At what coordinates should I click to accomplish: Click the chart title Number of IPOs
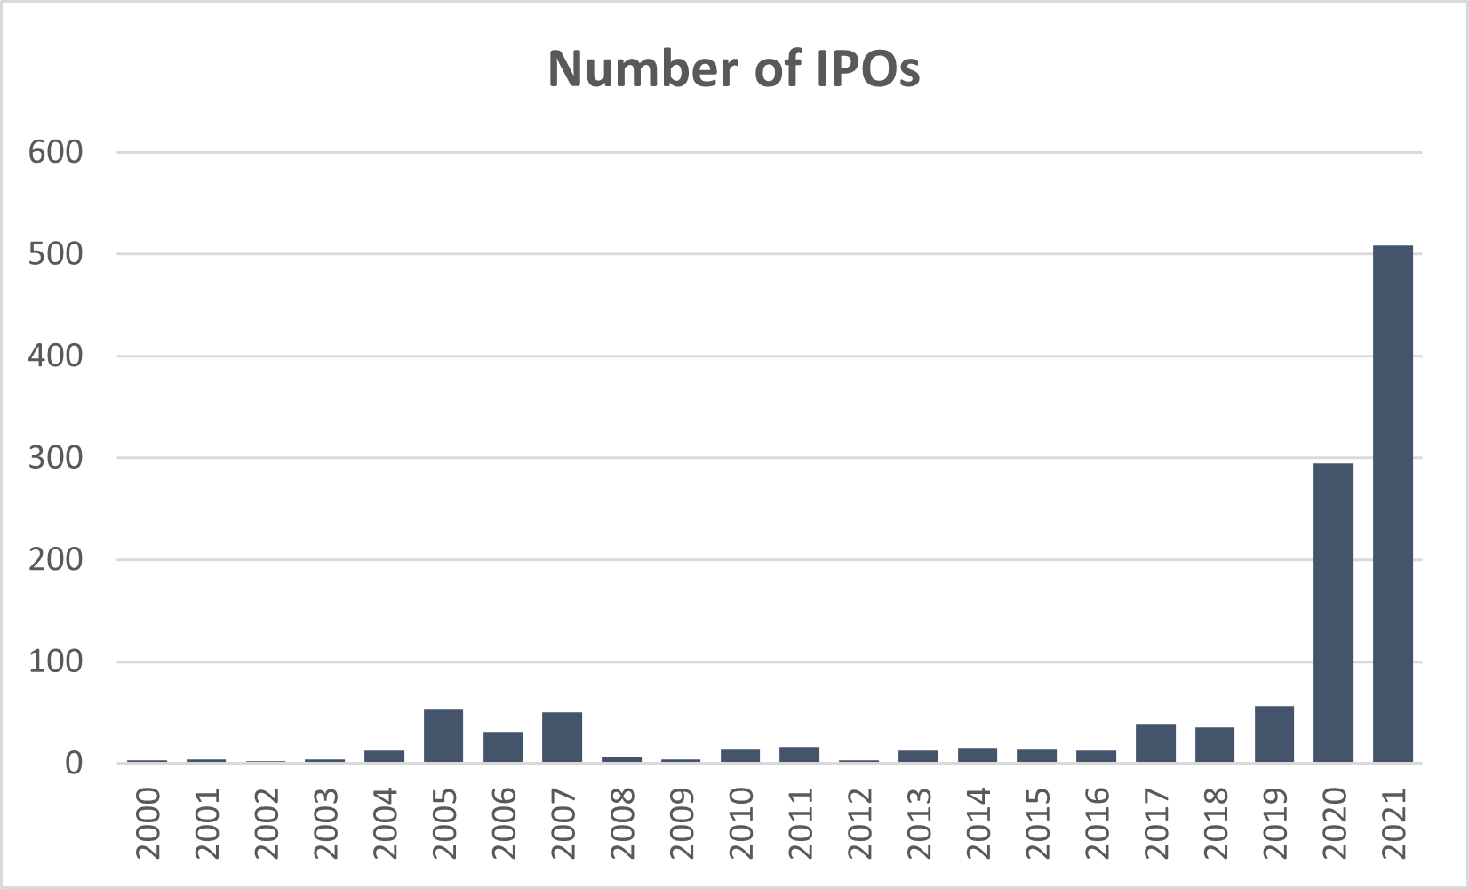[733, 68]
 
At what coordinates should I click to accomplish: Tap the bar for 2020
[1333, 613]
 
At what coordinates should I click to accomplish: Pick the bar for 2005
[443, 736]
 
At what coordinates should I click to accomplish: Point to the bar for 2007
[562, 737]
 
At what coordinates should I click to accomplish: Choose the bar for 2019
[1274, 734]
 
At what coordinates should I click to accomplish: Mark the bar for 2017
[1155, 743]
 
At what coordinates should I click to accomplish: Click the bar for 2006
[503, 747]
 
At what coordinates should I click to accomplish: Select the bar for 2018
[1215, 745]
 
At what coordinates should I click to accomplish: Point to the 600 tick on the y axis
[55, 152]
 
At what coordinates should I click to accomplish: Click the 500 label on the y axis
[55, 254]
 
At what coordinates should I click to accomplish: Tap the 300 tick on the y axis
[55, 458]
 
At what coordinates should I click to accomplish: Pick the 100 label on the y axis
[55, 661]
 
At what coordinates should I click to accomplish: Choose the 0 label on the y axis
[73, 764]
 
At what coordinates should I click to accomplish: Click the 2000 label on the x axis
[148, 823]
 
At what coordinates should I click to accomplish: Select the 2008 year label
[622, 823]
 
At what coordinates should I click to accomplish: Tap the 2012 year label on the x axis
[859, 823]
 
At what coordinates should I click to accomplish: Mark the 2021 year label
[1393, 823]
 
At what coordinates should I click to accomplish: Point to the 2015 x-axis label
[1037, 823]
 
